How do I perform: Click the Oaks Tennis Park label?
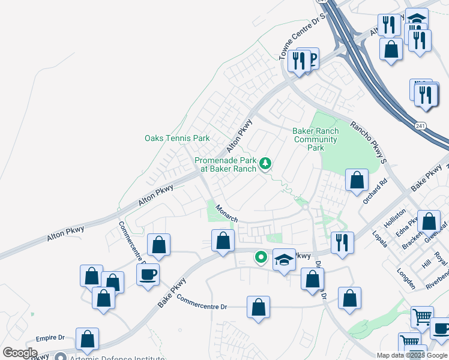tap(177, 138)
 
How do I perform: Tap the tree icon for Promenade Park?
tap(265, 163)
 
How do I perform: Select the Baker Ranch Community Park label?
tap(316, 139)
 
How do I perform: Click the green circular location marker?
tap(261, 258)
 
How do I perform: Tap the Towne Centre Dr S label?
tap(303, 32)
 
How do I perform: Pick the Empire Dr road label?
tap(50, 338)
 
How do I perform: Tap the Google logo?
tap(20, 353)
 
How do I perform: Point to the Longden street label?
tap(406, 279)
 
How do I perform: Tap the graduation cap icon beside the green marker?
tap(284, 259)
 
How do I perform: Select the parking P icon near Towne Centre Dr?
tap(310, 59)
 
